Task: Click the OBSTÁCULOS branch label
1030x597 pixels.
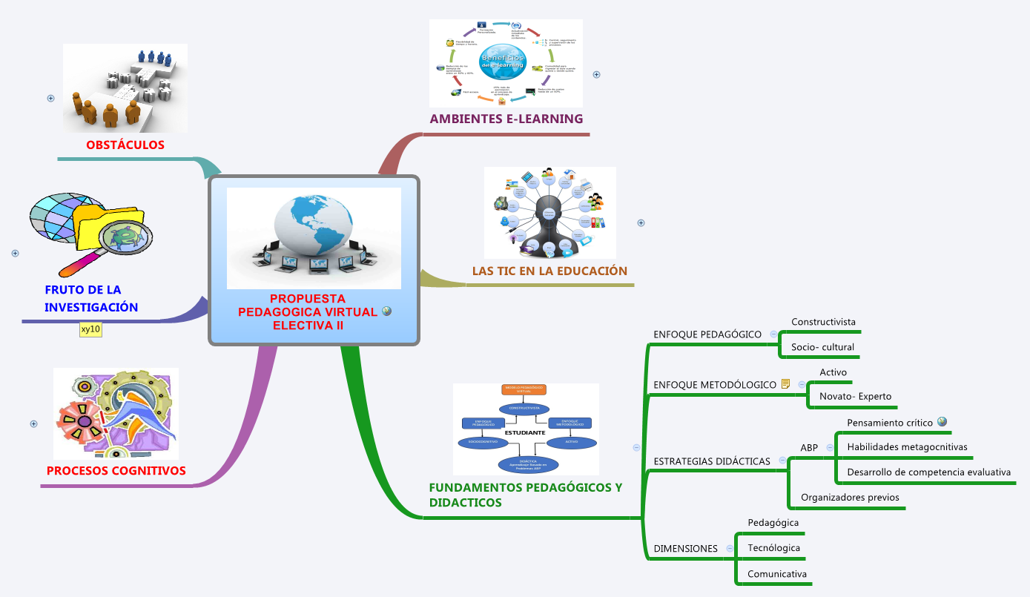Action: (125, 145)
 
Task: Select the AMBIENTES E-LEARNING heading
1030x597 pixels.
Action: (506, 119)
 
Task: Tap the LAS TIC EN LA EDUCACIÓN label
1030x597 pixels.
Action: (549, 271)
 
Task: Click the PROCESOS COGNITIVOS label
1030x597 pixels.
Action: (116, 471)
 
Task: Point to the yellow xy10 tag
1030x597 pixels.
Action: (90, 329)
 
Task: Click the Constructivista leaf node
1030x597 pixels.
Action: (823, 322)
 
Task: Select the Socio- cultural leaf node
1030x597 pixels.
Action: (822, 347)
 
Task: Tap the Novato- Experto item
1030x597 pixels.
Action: (855, 397)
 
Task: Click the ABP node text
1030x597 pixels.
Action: (809, 448)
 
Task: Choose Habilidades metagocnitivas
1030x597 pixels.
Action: (907, 447)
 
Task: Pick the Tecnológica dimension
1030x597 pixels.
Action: (773, 548)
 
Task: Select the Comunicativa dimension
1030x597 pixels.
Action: (776, 574)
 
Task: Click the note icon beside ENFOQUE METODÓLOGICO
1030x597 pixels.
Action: (785, 384)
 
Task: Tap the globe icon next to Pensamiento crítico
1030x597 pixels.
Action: (942, 422)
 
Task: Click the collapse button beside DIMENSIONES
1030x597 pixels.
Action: (730, 549)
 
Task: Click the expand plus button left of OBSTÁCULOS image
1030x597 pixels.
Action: (50, 98)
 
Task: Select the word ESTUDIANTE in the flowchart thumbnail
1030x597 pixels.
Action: (525, 432)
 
